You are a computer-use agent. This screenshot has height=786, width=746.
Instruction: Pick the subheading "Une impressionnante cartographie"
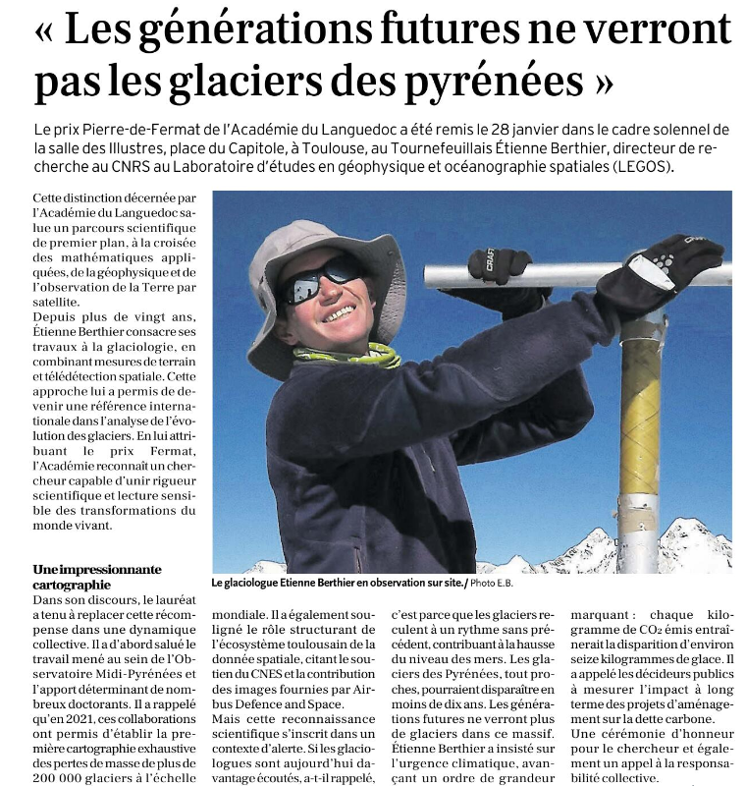[97, 576]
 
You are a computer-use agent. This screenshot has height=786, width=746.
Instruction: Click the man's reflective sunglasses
[323, 279]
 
